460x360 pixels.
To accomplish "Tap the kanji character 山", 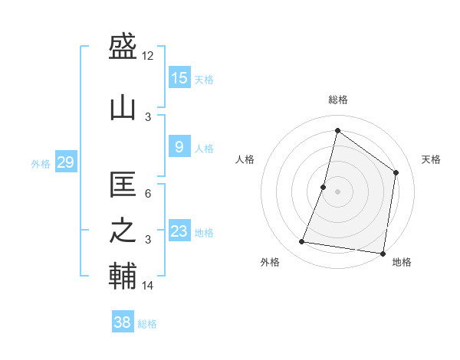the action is point(123,107).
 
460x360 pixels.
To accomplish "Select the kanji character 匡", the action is point(123,184).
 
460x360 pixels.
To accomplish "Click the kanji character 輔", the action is point(123,277).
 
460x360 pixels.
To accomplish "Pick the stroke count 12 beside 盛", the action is point(148,56).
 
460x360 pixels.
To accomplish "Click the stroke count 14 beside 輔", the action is point(148,286).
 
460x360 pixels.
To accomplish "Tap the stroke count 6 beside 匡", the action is point(148,193).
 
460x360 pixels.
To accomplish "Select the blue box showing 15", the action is point(179,78).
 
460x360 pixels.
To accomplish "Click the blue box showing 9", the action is point(179,147).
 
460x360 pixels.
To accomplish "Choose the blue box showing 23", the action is point(179,231).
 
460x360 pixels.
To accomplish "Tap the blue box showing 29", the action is point(65,162).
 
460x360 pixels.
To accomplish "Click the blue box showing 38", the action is point(123,322).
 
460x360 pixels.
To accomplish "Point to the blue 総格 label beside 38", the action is point(147,324).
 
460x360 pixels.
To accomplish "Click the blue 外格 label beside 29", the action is point(41,163).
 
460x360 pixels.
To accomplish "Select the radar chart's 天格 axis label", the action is point(431,159).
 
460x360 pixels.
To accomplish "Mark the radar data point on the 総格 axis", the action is point(337,130).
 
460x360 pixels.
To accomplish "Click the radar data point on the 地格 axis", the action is point(383,253).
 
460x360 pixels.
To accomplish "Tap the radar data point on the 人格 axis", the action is point(324,187).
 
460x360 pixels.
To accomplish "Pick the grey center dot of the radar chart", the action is point(337,191).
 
